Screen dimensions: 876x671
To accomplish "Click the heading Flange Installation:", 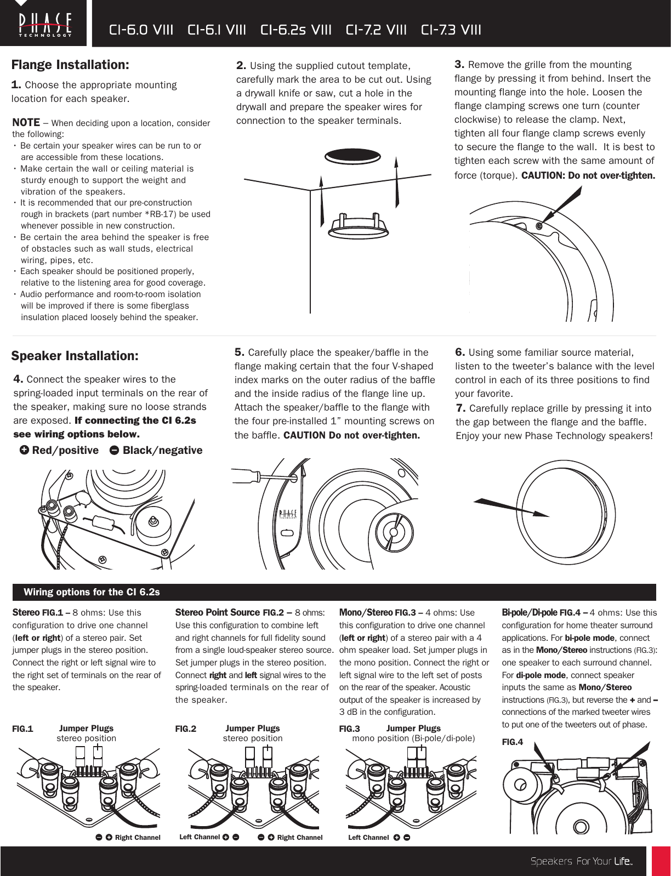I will pos(70,65).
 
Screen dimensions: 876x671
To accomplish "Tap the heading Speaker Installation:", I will pos(75,356).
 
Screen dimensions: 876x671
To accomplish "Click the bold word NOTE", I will pos(26,122).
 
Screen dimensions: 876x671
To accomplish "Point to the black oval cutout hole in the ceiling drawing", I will pos(352,155).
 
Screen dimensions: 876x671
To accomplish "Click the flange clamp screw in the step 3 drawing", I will pos(539,225).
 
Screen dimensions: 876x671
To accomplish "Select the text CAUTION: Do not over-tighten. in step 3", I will pos(588,176).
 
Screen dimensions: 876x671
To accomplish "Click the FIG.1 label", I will pos(22,729).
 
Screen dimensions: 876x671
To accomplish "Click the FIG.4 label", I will pos(513,742).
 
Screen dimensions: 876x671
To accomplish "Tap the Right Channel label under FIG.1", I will pos(138,837).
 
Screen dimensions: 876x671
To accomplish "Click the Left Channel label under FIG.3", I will pos(368,837).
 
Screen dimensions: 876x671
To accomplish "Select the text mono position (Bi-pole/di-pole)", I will pos(413,738).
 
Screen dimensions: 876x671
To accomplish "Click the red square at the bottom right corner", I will pos(661,861).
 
